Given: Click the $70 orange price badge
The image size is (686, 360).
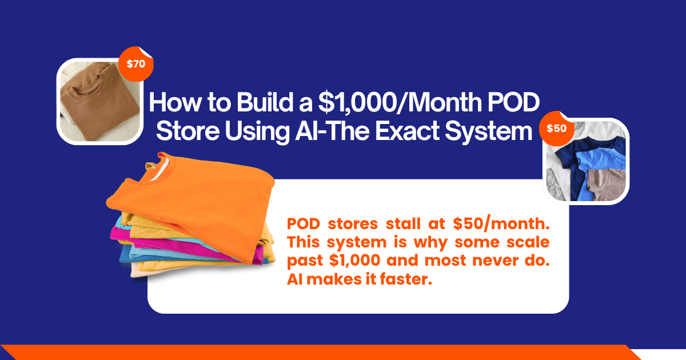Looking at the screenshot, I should [x=136, y=64].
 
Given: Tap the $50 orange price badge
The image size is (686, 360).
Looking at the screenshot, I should [x=556, y=129].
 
